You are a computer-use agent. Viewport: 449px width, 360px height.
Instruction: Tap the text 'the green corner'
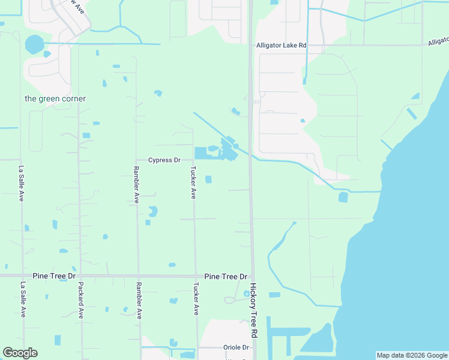[x=55, y=98]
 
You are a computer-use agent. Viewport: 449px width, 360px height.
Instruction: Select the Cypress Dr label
[x=164, y=160]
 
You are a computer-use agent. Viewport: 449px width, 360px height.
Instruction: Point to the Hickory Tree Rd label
[x=254, y=310]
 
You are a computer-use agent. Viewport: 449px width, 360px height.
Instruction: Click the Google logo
[x=20, y=353]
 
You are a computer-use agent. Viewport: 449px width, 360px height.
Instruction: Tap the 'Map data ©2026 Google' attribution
[x=412, y=355]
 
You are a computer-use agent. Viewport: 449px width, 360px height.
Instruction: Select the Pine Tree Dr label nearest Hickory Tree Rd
[x=226, y=277]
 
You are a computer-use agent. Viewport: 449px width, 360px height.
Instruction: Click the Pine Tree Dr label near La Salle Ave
[x=55, y=275]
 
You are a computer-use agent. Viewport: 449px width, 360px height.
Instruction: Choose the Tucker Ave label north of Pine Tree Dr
[x=194, y=183]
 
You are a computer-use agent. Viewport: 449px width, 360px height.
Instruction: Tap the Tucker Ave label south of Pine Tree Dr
[x=196, y=299]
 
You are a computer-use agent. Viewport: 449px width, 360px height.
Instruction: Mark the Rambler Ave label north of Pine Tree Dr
[x=137, y=189]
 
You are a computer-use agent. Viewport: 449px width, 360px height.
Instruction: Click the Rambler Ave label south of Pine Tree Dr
[x=139, y=300]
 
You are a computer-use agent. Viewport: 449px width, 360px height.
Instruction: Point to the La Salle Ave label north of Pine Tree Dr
[x=22, y=183]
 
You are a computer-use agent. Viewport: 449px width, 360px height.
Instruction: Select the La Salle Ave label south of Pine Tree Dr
[x=23, y=299]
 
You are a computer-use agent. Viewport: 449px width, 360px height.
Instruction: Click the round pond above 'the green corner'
[x=34, y=44]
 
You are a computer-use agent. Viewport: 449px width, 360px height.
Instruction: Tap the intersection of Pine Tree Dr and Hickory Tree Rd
[x=252, y=277]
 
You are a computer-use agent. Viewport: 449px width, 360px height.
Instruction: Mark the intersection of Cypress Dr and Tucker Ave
[x=193, y=160]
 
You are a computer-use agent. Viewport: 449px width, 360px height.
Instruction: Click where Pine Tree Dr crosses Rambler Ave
[x=138, y=276]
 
